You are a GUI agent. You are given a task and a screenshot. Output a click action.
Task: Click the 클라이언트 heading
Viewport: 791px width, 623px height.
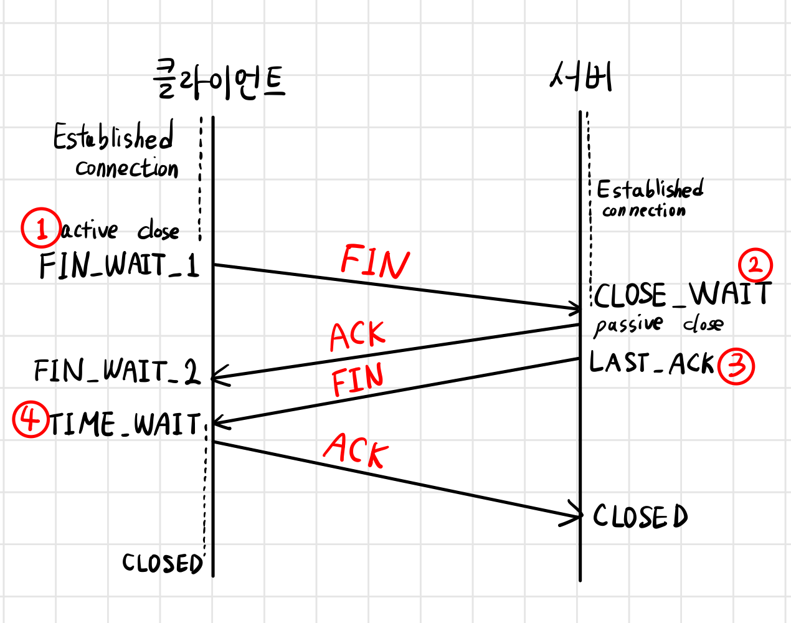[x=219, y=80]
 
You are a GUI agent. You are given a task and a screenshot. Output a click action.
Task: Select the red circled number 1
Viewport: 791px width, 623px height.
[x=41, y=228]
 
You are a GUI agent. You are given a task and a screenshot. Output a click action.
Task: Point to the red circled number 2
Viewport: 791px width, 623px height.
[x=755, y=265]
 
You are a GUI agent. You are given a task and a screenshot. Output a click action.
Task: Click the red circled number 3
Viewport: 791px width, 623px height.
[x=736, y=366]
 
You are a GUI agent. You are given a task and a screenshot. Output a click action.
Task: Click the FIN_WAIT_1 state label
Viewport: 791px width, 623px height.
[x=118, y=265]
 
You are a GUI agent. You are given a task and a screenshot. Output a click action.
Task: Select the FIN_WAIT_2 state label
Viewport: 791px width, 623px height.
[x=116, y=371]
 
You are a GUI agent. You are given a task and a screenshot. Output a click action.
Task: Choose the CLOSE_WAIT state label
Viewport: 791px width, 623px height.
[x=683, y=294]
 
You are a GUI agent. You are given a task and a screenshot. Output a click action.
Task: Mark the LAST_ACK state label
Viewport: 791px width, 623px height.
[x=651, y=363]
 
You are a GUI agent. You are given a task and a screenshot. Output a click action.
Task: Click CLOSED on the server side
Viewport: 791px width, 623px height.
[x=640, y=516]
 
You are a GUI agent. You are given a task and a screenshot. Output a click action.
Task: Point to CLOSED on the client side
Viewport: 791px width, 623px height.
[x=162, y=563]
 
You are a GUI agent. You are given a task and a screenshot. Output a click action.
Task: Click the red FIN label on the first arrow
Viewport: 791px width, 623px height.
[x=375, y=262]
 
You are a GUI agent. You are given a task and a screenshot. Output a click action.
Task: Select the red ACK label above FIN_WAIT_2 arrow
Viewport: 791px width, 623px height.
[x=358, y=336]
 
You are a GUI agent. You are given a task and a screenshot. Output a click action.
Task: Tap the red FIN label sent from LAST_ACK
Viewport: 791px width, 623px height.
[x=358, y=380]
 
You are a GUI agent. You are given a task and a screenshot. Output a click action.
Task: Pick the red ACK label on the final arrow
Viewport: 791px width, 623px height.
[x=356, y=450]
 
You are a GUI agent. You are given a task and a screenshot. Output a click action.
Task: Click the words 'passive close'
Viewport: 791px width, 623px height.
[x=658, y=325]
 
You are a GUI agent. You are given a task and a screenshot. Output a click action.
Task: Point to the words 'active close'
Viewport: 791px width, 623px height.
[x=120, y=231]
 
